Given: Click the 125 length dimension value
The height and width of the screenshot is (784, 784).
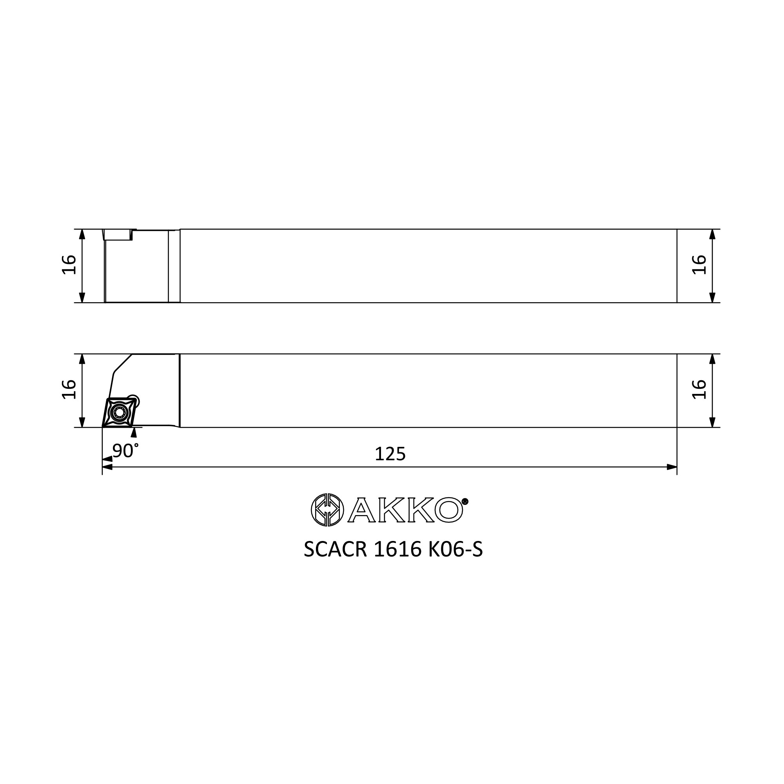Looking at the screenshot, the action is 390,454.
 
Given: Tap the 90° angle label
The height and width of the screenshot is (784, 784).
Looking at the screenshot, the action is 125,450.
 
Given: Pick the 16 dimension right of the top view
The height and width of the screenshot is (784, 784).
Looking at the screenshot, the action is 699,265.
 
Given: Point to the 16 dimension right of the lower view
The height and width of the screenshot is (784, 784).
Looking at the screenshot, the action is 699,390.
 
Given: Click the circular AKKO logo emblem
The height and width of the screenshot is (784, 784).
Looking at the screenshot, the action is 327,510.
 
